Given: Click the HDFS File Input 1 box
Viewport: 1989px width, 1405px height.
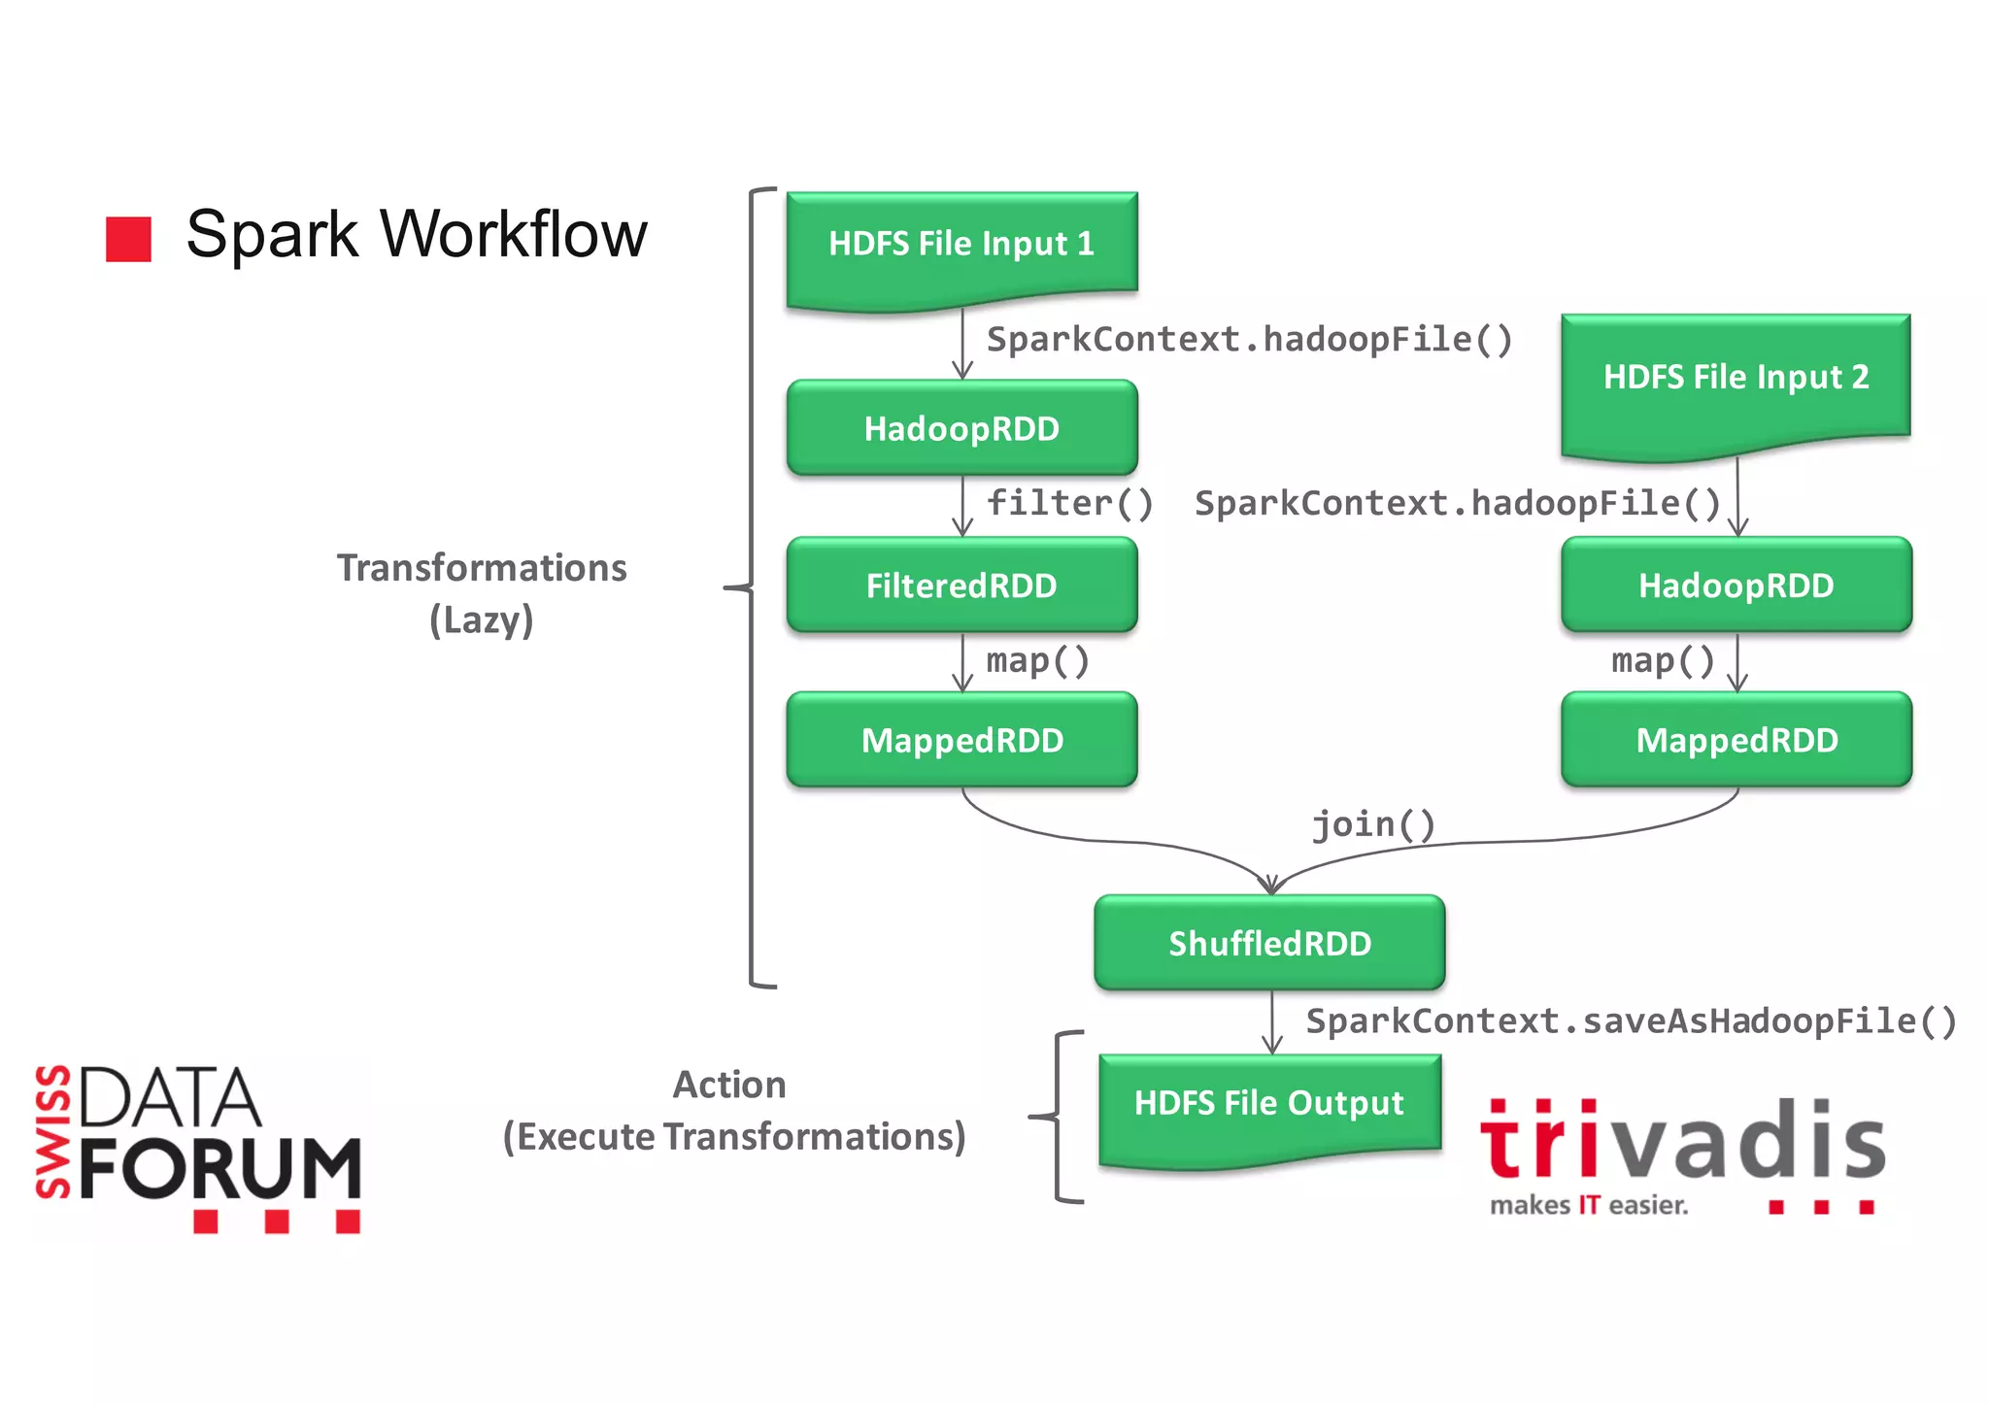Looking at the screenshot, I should coord(961,245).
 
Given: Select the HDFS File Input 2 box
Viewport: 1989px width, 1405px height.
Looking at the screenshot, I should coord(1736,378).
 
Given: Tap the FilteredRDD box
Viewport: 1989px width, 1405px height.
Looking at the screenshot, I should coord(961,585).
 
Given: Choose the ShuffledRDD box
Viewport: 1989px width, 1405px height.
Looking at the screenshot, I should coord(1269,943).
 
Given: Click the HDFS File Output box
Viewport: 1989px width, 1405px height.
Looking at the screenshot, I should coord(1269,1104).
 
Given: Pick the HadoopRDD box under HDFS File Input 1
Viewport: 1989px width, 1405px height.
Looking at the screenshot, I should coord(961,428).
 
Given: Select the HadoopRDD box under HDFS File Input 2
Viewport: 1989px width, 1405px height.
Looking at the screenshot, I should coord(1736,585).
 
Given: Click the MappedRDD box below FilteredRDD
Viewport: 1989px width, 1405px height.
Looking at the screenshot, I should coord(961,741).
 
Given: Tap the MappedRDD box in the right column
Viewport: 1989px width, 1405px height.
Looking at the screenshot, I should coord(1736,741).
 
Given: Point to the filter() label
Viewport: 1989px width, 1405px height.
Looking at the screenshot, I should coord(1069,504).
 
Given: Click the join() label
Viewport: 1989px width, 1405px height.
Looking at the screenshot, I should coord(1372,825).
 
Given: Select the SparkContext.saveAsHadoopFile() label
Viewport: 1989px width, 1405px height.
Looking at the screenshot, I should coord(1631,1021).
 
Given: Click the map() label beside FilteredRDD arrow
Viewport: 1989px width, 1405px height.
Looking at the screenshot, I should coord(1037,661).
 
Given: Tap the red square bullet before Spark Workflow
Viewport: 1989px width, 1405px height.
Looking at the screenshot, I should coord(128,239).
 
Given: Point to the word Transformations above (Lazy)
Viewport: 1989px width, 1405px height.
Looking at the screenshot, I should coord(482,568).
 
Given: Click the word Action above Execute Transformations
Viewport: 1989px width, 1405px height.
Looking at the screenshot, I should coord(729,1085).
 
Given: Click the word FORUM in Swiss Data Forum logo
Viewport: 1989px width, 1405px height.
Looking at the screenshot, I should coord(219,1168).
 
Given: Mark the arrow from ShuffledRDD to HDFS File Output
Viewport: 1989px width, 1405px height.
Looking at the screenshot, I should coord(1272,1022).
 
